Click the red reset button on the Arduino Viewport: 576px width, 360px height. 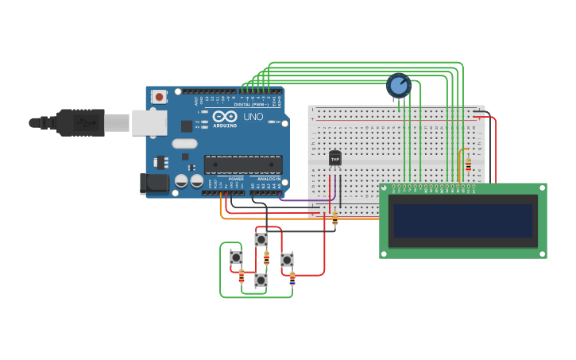160,97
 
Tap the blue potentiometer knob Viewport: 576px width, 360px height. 398,84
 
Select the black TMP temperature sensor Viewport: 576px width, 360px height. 335,159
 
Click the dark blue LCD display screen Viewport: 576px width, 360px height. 462,221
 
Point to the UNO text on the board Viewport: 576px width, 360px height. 253,117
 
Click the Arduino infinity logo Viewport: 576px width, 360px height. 223,116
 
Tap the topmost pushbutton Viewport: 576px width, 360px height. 261,239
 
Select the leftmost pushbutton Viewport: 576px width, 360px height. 236,257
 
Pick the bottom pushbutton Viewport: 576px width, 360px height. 261,280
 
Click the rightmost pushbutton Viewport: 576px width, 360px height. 287,260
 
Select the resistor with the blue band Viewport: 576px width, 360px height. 292,277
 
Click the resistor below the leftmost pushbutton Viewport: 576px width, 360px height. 242,276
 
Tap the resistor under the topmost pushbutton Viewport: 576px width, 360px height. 266,258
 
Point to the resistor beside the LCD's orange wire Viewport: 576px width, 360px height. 468,165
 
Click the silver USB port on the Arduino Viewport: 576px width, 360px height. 149,122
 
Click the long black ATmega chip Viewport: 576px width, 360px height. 243,165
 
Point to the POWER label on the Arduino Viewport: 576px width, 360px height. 236,179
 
